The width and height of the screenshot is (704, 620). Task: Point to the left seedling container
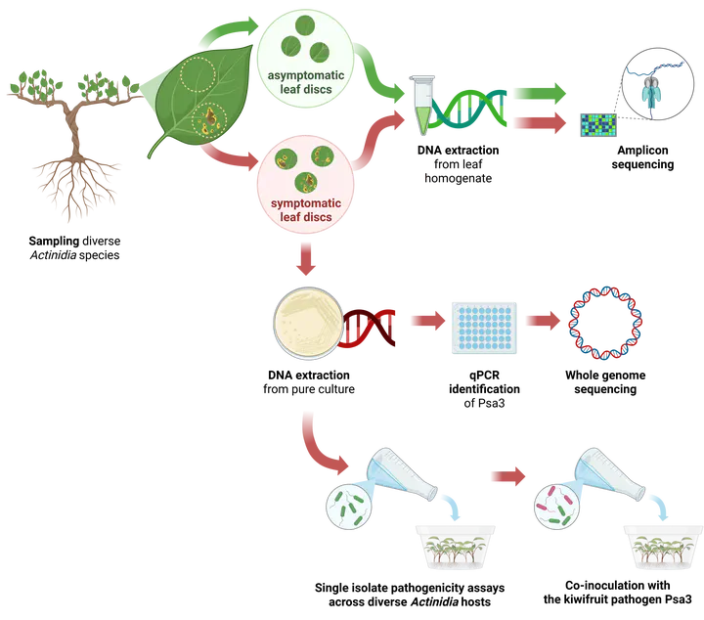tap(454, 548)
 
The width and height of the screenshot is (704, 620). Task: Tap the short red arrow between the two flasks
tap(505, 477)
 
